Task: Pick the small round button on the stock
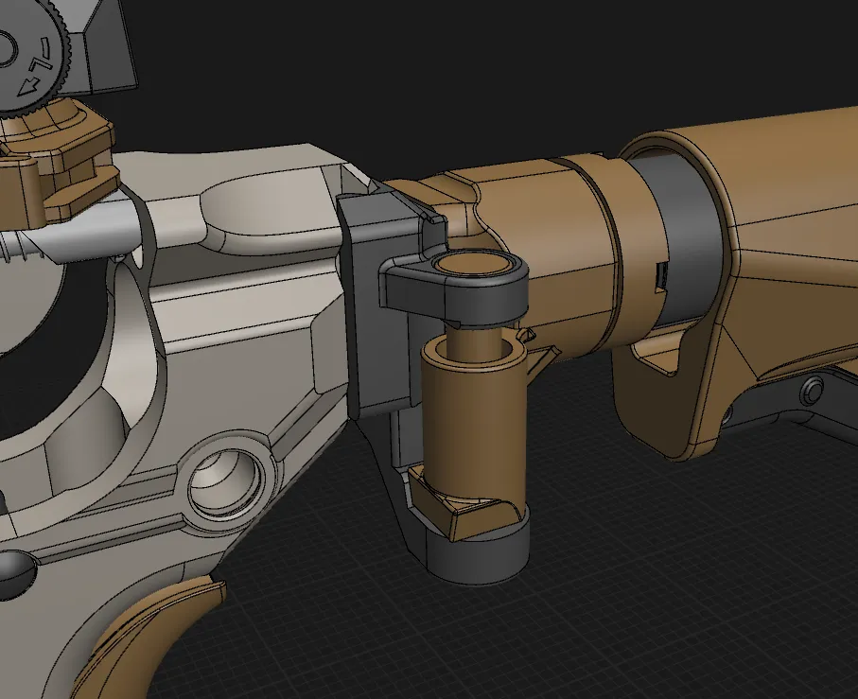click(x=812, y=391)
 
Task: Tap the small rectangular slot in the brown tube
click(x=659, y=275)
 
